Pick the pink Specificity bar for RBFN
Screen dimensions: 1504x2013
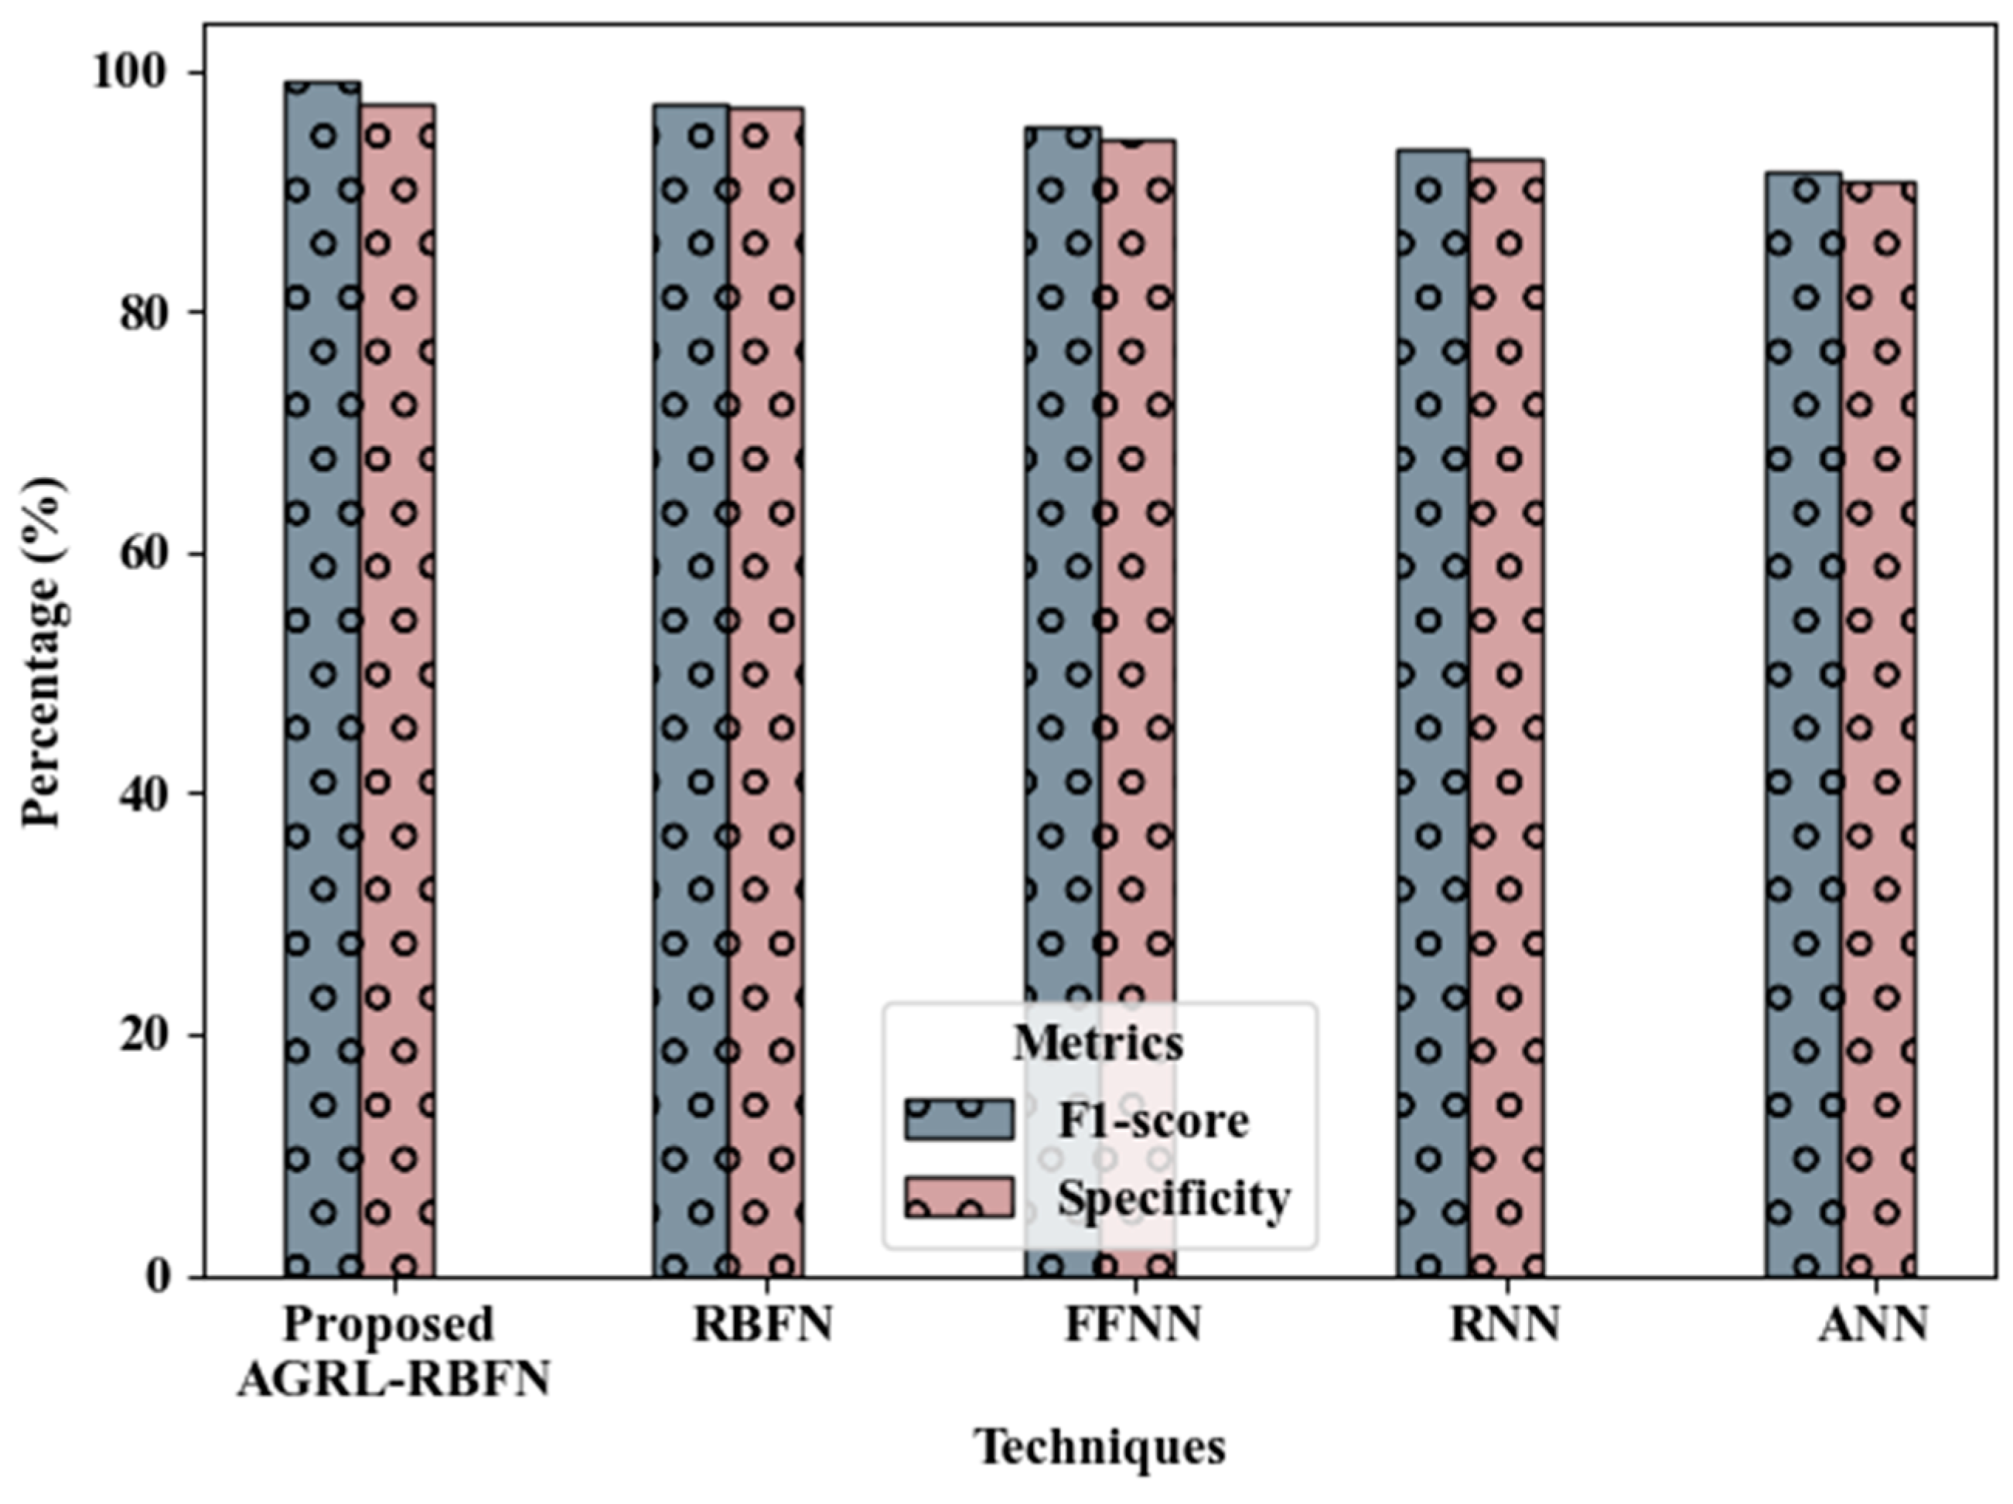[766, 691]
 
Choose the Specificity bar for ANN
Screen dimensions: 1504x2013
[1878, 728]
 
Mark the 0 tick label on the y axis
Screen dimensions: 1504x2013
[159, 1277]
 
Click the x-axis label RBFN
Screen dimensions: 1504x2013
[763, 1325]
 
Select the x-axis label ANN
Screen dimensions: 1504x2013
[1873, 1325]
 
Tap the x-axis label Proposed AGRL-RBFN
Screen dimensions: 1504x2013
[393, 1352]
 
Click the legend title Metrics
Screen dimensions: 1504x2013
[1098, 1042]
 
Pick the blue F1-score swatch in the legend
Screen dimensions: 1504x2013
[958, 1119]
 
